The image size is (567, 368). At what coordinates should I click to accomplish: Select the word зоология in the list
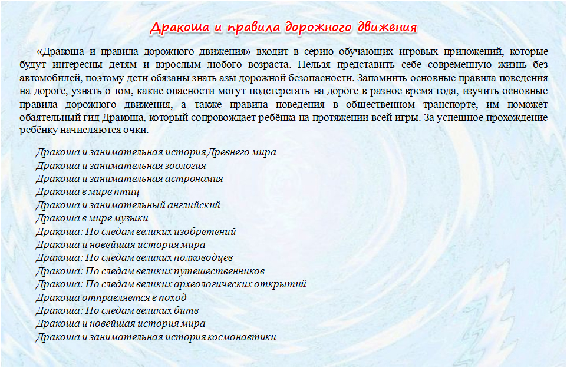coord(186,166)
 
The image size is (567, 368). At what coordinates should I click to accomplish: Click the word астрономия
coord(194,179)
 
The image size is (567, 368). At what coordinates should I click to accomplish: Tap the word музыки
coord(131,218)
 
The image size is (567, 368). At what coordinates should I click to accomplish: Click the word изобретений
coord(205,231)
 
